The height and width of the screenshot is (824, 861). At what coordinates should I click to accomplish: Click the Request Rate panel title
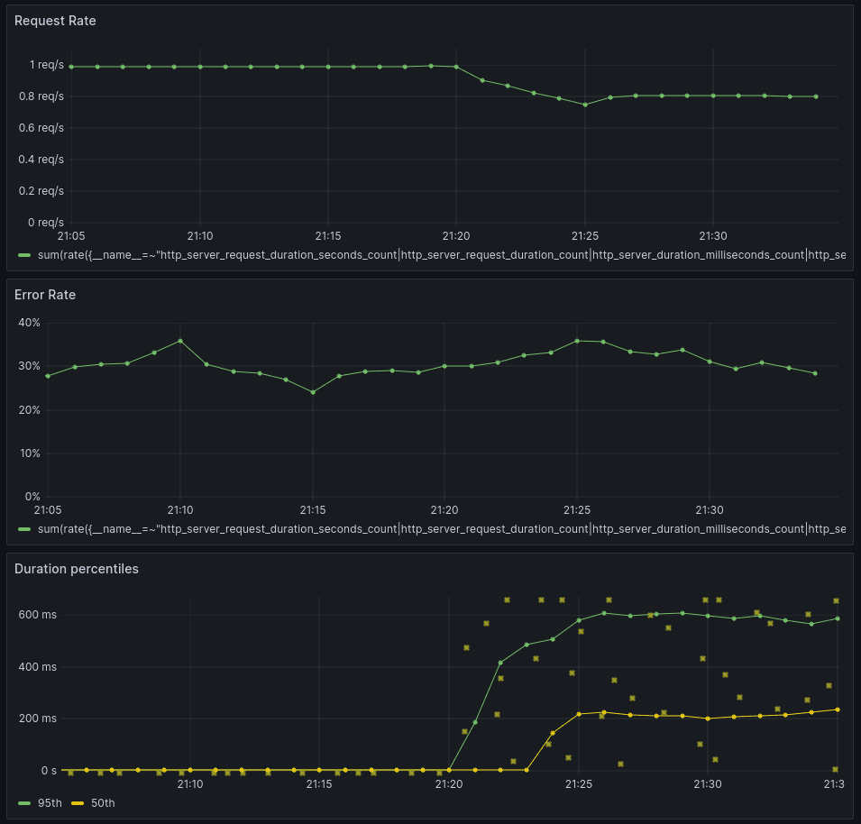(x=55, y=21)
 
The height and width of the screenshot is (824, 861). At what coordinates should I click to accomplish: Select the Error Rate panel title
(x=45, y=295)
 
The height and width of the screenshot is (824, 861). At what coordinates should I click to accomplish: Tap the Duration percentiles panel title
(x=76, y=569)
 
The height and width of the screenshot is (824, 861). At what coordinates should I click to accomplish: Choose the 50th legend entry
(x=103, y=803)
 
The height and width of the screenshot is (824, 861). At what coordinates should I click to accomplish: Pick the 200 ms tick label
(x=39, y=719)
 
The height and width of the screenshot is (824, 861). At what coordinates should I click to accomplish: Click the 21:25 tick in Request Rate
(x=585, y=236)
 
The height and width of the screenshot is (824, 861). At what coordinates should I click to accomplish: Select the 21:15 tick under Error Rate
(x=313, y=510)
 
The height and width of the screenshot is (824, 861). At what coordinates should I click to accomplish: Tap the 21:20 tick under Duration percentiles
(x=449, y=784)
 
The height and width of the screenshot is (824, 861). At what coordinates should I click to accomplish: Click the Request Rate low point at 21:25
(x=585, y=105)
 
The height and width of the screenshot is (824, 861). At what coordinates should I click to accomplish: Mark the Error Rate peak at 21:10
(x=180, y=341)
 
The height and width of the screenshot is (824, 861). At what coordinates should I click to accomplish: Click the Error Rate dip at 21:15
(x=313, y=392)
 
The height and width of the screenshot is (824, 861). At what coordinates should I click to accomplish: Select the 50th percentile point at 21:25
(x=579, y=714)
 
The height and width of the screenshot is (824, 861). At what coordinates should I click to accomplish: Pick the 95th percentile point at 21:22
(x=500, y=663)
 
